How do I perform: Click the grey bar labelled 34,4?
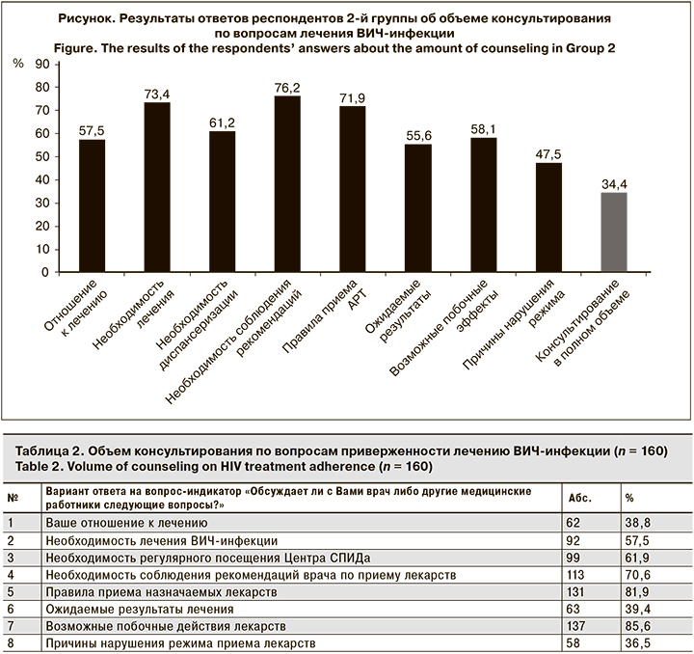(x=613, y=232)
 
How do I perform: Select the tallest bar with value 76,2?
(x=287, y=184)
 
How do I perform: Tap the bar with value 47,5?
(x=548, y=217)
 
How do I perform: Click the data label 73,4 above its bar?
(x=157, y=93)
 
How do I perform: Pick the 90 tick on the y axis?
(x=41, y=65)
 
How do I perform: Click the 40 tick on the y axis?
(x=41, y=180)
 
